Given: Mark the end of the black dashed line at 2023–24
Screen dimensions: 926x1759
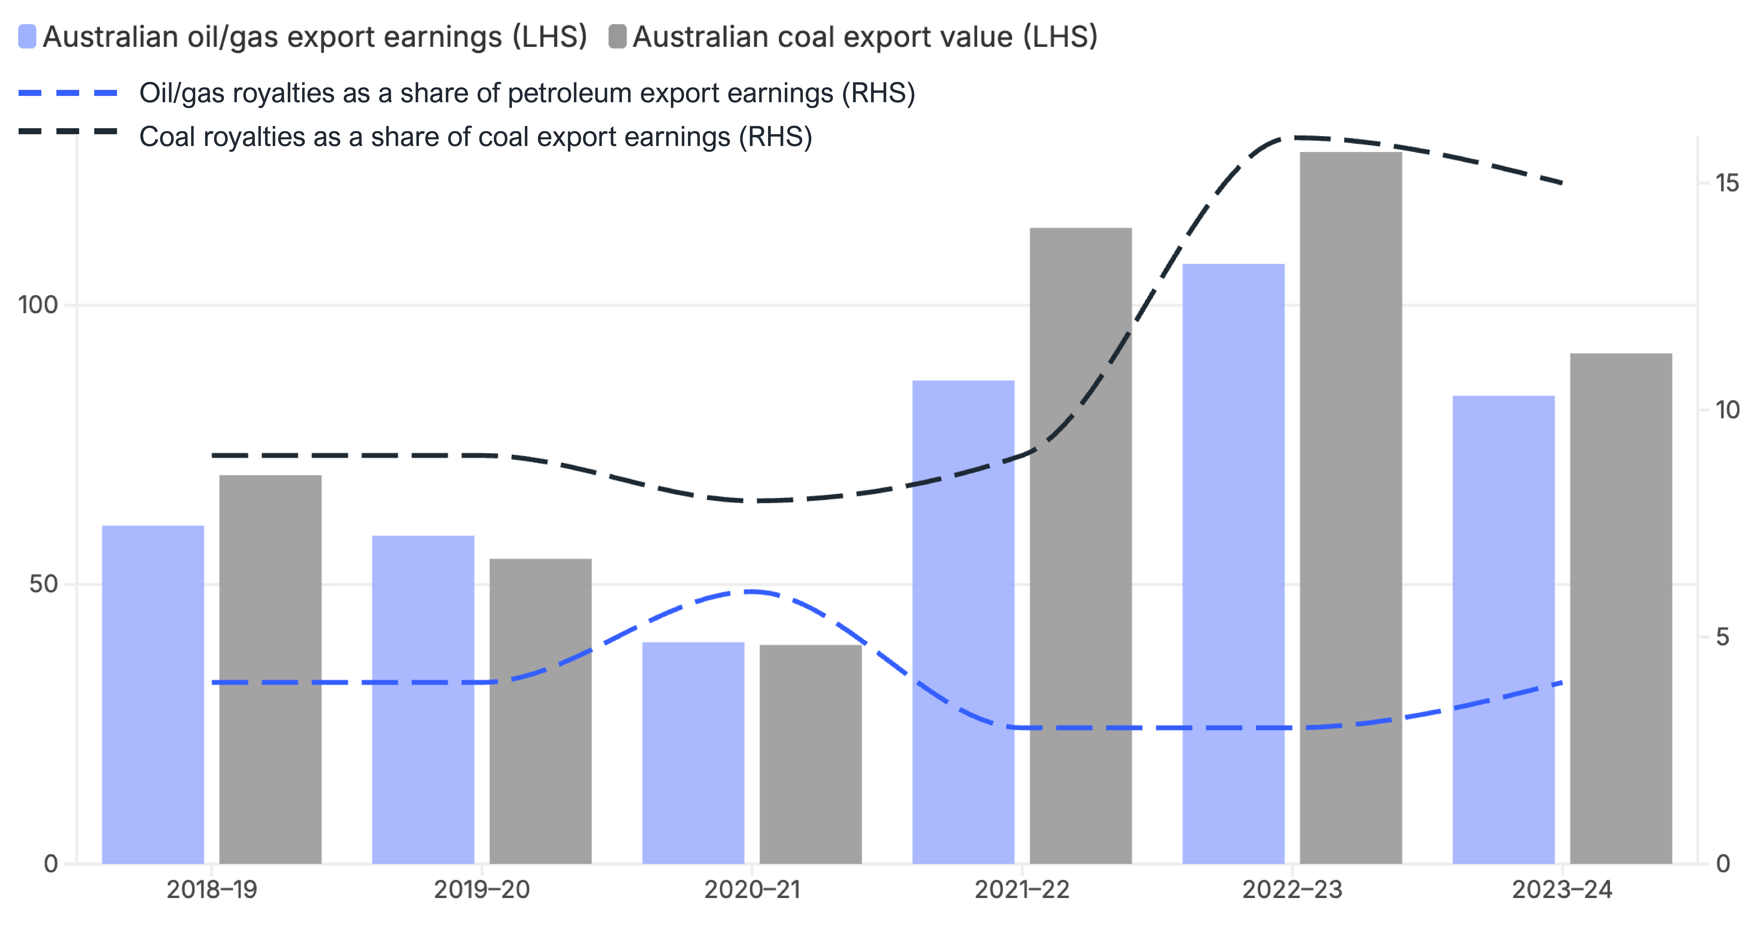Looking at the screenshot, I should click(1562, 183).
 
